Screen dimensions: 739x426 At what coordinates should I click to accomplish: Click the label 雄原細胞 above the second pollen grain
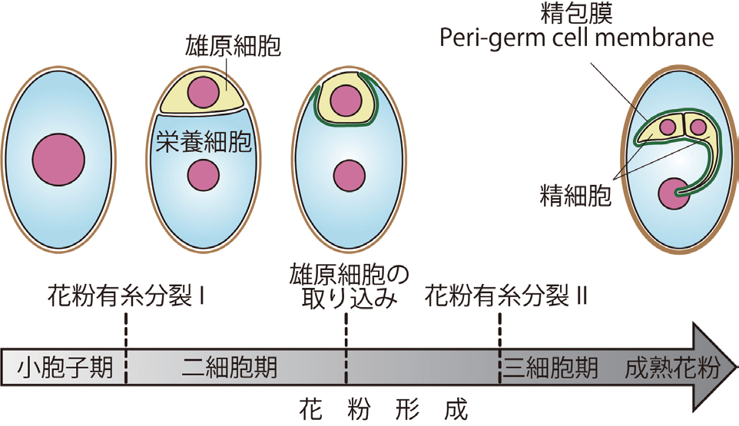tap(232, 46)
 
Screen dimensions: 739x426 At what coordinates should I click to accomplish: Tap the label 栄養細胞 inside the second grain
tap(203, 140)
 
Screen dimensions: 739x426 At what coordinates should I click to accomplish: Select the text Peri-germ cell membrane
tap(576, 38)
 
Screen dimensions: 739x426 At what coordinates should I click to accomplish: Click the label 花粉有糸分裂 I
tap(126, 296)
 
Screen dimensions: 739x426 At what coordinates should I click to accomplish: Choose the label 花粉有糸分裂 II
tap(505, 296)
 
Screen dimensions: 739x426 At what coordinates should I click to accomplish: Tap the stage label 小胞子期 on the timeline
tap(65, 368)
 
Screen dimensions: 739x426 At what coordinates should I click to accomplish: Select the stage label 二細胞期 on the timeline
tap(230, 368)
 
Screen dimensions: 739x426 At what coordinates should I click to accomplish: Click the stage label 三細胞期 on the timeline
tap(550, 368)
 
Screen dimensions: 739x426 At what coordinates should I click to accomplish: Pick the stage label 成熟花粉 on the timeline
tap(672, 368)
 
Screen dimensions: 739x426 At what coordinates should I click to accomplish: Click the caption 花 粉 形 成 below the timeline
tap(383, 408)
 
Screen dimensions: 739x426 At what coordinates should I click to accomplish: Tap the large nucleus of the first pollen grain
tap(58, 159)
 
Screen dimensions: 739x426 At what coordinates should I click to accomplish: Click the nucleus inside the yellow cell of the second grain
tap(203, 92)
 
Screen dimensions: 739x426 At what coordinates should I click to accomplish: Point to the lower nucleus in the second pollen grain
tap(203, 175)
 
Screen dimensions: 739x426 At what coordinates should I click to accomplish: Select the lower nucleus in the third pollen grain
tap(350, 176)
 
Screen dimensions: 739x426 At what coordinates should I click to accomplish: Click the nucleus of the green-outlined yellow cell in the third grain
tap(346, 101)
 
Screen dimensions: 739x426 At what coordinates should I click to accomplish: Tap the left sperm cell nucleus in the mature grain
tap(668, 127)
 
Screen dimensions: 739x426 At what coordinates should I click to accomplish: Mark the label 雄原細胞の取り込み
tap(349, 286)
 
